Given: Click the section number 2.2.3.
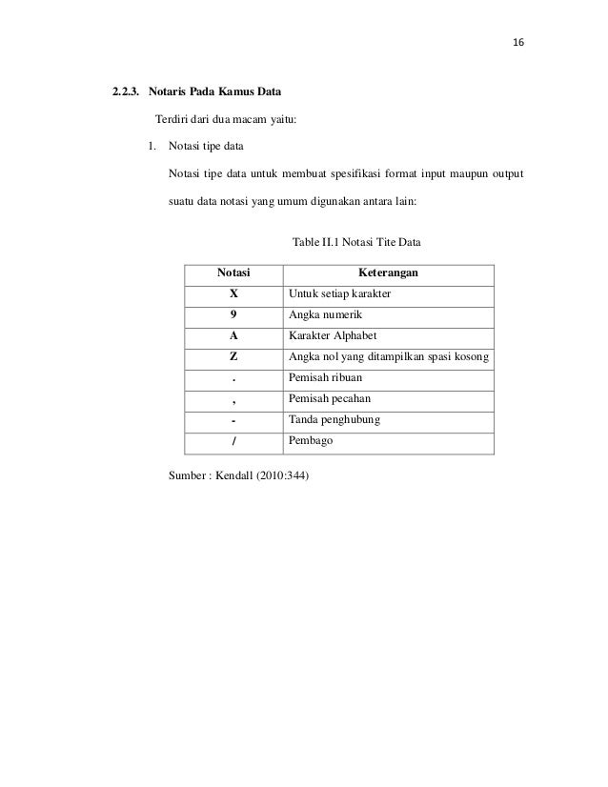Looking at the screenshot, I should point(127,91).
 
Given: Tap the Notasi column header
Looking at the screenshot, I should point(233,273).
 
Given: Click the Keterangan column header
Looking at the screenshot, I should point(388,273).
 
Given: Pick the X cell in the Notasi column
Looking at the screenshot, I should point(233,294).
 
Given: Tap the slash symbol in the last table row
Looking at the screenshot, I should point(233,442).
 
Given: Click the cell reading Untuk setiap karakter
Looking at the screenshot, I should point(339,294).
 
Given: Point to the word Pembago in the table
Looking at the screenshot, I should point(309,442).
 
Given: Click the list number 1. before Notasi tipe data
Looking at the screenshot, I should point(152,146).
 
